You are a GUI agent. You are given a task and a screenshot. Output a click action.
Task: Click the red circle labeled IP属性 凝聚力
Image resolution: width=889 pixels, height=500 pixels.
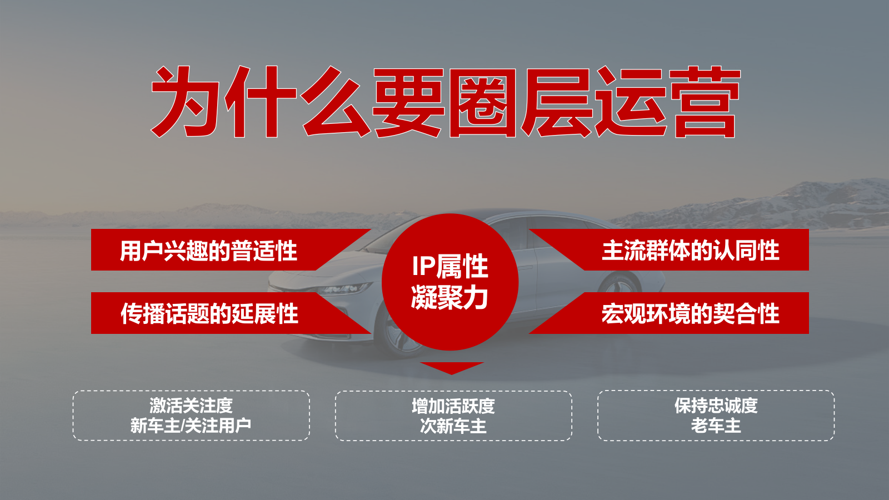tap(450, 282)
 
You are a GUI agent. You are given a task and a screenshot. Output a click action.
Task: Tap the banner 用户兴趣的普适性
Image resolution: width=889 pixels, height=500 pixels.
tap(209, 251)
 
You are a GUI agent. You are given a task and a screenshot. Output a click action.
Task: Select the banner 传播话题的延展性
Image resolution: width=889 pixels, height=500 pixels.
tap(209, 314)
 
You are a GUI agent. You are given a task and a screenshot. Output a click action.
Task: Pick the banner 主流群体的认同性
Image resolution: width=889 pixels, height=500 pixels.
tap(691, 251)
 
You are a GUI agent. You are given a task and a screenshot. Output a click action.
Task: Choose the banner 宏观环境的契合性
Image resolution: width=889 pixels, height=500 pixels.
tap(691, 314)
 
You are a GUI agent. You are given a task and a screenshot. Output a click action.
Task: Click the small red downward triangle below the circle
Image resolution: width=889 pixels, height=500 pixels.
tap(452, 367)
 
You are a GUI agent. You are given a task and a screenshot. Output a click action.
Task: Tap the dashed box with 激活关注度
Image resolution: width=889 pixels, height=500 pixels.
tap(191, 416)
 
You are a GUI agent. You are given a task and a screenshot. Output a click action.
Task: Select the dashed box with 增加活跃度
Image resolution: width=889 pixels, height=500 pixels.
tap(453, 416)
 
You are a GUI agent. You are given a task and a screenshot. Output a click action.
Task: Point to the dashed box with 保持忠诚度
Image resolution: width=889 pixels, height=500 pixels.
tap(716, 416)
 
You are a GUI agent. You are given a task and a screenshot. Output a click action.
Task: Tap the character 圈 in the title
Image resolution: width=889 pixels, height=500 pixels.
tap(483, 103)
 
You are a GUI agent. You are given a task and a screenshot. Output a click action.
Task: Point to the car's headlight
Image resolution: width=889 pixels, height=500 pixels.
tap(344, 289)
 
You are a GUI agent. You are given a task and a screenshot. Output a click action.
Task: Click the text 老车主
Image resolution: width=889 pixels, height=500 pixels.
tap(716, 426)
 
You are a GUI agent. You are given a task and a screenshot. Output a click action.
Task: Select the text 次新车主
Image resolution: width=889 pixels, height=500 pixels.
tap(453, 426)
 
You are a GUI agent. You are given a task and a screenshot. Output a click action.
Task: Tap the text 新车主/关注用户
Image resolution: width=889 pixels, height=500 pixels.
tap(191, 426)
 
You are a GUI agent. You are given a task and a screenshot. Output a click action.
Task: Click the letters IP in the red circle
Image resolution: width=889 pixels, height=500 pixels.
tap(423, 267)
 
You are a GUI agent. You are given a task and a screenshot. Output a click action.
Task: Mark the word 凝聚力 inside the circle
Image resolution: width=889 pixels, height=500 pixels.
tap(450, 298)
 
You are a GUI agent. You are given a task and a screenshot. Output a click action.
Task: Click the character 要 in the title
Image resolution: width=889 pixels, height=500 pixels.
tap(409, 103)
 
